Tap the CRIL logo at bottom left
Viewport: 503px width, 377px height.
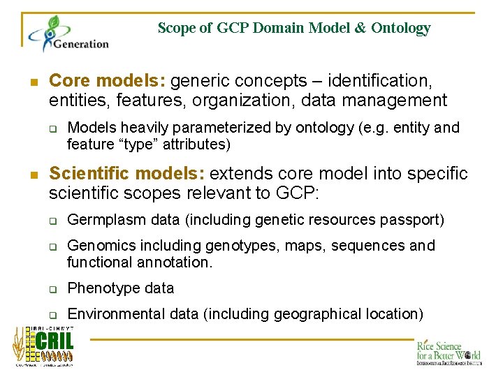coord(43,346)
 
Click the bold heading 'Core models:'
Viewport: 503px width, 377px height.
coord(108,80)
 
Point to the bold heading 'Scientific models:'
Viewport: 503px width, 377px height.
coord(126,172)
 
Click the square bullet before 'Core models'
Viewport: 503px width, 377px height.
coord(34,81)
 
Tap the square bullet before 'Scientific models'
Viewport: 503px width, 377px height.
coord(34,173)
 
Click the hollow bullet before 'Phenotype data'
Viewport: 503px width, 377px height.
coord(52,289)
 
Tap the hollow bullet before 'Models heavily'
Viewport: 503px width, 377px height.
coord(52,128)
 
